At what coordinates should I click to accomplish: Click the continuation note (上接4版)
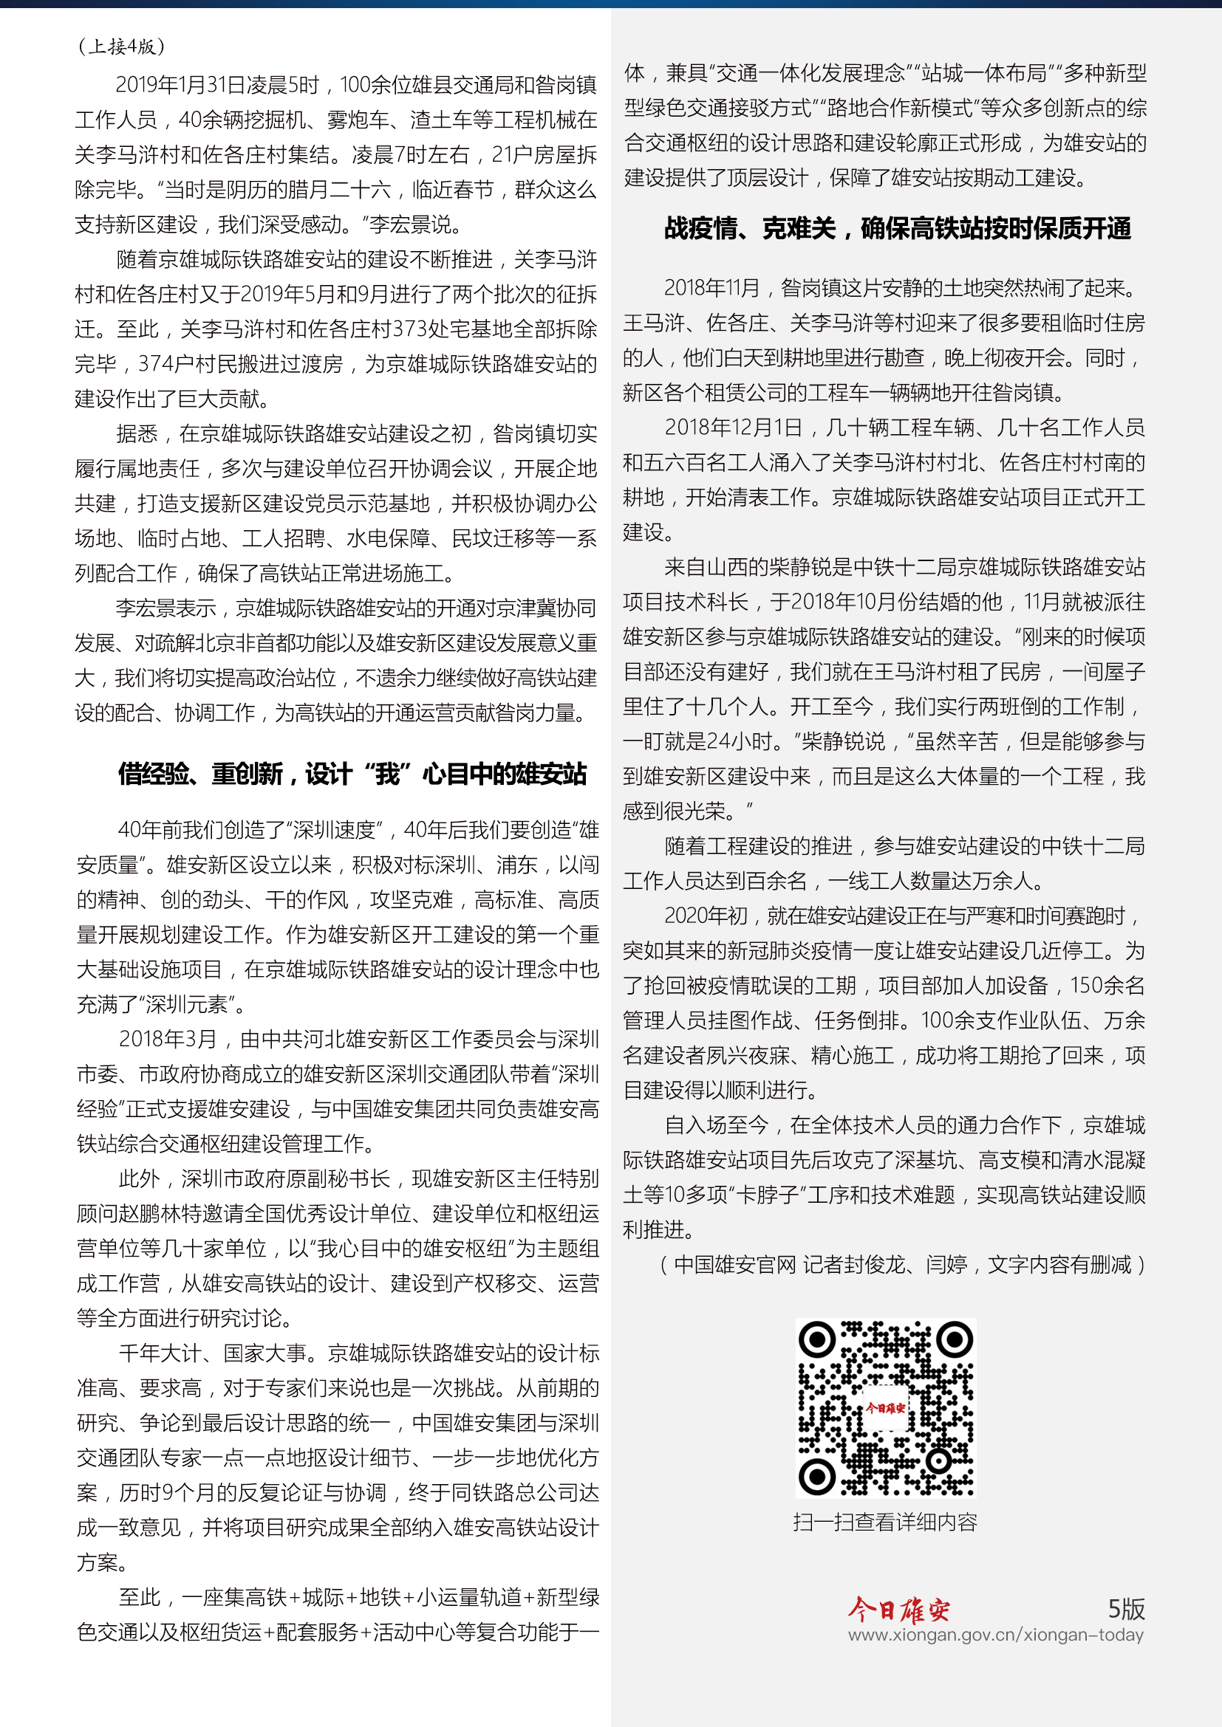120,47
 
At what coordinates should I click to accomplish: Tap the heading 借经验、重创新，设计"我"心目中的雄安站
352,774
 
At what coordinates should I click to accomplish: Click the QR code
886,1407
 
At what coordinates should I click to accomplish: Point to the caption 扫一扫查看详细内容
885,1522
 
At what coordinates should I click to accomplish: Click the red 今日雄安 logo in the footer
898,1610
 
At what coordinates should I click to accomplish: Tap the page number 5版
1126,1609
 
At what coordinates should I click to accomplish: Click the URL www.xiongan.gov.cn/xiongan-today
995,1635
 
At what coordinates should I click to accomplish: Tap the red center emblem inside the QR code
885,1407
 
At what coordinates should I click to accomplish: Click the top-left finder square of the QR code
817,1339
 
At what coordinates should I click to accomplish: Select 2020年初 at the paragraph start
706,916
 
